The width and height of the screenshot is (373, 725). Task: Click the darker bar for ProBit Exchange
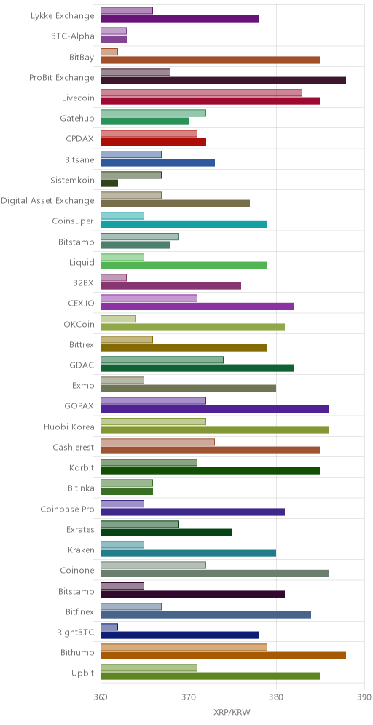pyautogui.click(x=223, y=81)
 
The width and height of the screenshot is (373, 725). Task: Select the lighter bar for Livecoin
pyautogui.click(x=201, y=92)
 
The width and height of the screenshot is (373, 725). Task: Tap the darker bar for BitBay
pyautogui.click(x=210, y=60)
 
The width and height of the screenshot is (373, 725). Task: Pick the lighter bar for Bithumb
pyautogui.click(x=184, y=647)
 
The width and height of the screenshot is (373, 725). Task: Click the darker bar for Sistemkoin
pyautogui.click(x=109, y=183)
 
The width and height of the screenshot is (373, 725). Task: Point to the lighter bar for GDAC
pyautogui.click(x=162, y=360)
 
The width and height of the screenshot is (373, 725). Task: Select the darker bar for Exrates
pyautogui.click(x=166, y=532)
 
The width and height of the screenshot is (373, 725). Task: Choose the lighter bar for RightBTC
pyautogui.click(x=109, y=627)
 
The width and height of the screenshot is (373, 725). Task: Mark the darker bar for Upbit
pyautogui.click(x=210, y=676)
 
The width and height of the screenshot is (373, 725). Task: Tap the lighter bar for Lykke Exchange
pyautogui.click(x=126, y=11)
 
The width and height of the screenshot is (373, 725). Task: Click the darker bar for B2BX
pyautogui.click(x=170, y=286)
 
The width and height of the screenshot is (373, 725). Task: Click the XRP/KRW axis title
pyautogui.click(x=232, y=710)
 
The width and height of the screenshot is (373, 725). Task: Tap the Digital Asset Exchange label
pyautogui.click(x=47, y=201)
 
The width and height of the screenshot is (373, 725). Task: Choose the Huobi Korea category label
pyautogui.click(x=69, y=427)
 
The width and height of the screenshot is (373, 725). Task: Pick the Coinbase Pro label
pyautogui.click(x=67, y=509)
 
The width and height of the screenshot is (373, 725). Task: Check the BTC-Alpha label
pyautogui.click(x=73, y=36)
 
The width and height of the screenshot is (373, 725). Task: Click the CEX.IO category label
pyautogui.click(x=81, y=304)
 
